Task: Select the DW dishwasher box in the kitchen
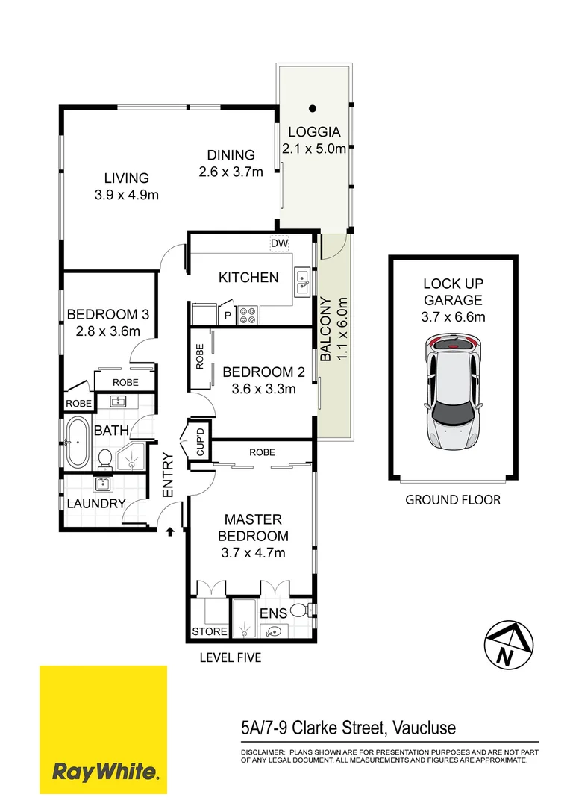coord(279,244)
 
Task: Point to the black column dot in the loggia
coord(314,107)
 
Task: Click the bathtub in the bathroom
coord(77,443)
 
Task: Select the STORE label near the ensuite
coord(210,631)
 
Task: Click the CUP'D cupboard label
coord(199,443)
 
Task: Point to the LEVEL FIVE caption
coord(230,658)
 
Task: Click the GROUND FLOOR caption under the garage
coord(452,500)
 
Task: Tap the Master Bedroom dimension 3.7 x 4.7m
coord(252,552)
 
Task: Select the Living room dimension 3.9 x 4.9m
coord(127,195)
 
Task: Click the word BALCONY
coord(326,329)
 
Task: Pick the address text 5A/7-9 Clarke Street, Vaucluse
coord(348,727)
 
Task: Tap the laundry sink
coord(102,483)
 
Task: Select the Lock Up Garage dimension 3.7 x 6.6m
coord(452,317)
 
